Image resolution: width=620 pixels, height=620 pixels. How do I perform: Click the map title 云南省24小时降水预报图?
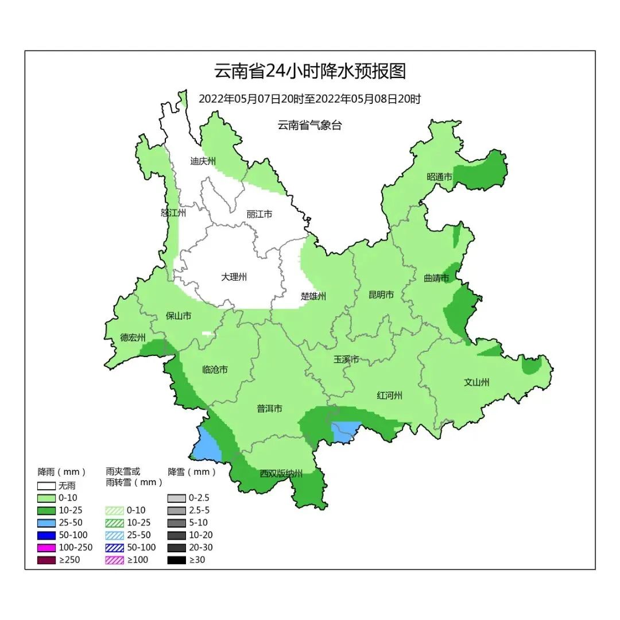tap(309, 71)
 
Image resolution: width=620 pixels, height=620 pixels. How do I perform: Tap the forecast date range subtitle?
tap(309, 99)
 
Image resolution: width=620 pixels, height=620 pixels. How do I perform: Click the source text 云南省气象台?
tap(309, 125)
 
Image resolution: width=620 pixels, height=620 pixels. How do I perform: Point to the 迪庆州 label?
tap(203, 161)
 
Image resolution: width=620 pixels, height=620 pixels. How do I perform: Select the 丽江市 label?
tap(259, 214)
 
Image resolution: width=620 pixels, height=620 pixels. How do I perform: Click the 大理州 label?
tap(234, 277)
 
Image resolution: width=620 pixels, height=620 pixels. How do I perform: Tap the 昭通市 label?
tap(439, 177)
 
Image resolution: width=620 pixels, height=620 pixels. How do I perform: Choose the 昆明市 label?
tap(381, 295)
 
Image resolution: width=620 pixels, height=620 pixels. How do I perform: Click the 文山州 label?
tap(476, 382)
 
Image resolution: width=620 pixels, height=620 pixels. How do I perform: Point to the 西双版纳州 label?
tap(281, 474)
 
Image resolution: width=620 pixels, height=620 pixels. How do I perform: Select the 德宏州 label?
tap(133, 338)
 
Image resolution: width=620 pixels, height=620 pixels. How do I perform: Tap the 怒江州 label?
tap(173, 213)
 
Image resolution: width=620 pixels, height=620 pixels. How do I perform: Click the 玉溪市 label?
tap(346, 359)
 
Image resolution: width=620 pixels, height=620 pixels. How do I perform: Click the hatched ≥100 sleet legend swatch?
tap(115, 560)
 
